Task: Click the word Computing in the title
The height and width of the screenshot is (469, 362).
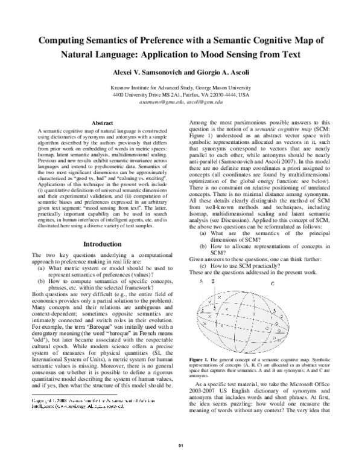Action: [x=65, y=40]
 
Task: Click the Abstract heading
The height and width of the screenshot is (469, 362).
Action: [x=102, y=123]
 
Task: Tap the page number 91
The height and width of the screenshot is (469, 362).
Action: [x=180, y=446]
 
